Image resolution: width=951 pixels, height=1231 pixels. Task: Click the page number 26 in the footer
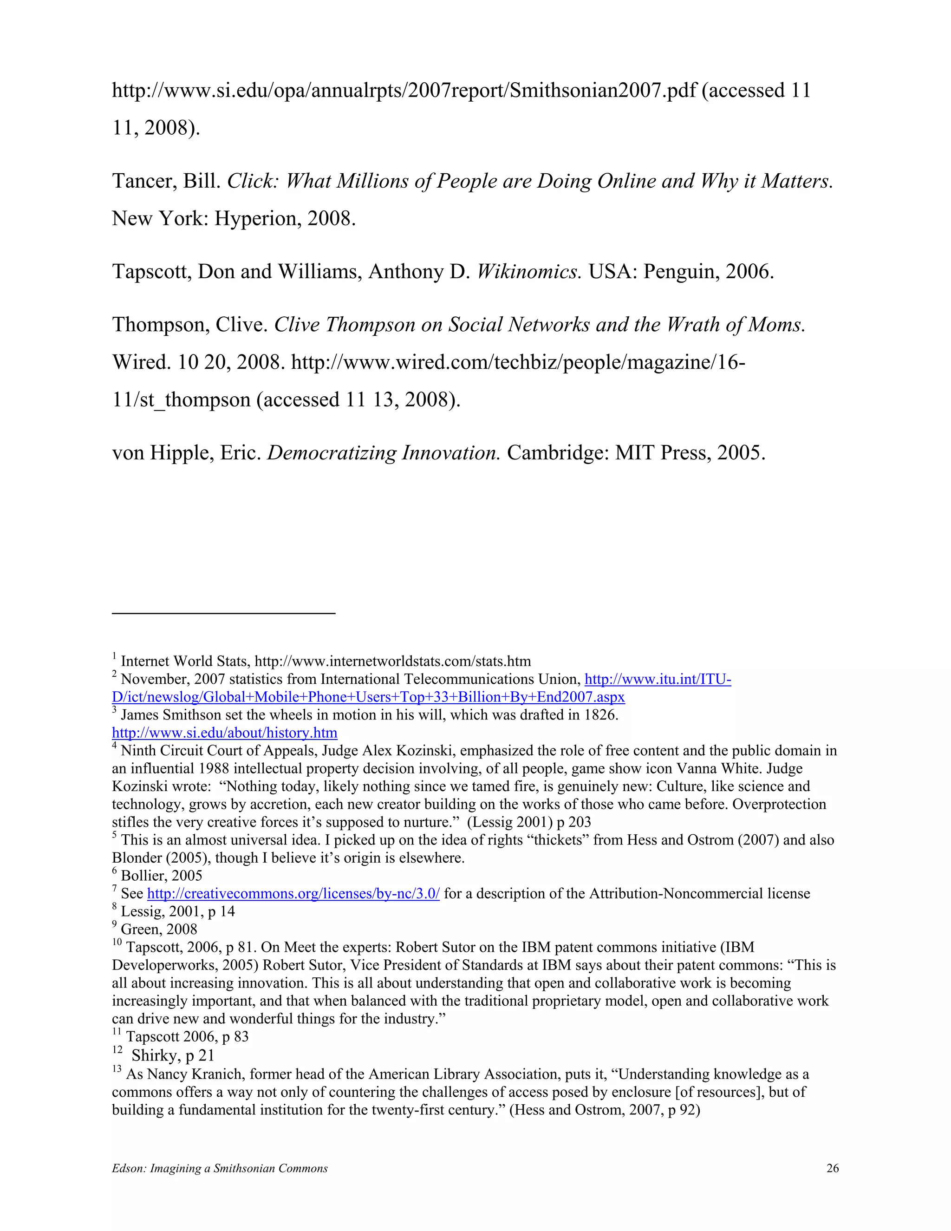pyautogui.click(x=832, y=1168)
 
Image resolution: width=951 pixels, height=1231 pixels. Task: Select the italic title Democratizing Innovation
pyautogui.click(x=383, y=452)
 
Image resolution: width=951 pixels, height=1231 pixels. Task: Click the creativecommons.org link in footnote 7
pyautogui.click(x=293, y=893)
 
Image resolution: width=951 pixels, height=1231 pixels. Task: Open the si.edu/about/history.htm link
pyautogui.click(x=224, y=733)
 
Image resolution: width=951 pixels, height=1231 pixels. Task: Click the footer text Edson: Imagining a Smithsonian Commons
pyautogui.click(x=220, y=1168)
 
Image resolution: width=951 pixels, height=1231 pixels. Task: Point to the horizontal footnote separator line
pyautogui.click(x=224, y=613)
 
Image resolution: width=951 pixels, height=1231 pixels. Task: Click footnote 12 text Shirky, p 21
pyautogui.click(x=172, y=1055)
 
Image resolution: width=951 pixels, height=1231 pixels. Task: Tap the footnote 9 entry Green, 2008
pyautogui.click(x=159, y=929)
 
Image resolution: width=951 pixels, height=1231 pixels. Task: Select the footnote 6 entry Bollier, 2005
pyautogui.click(x=161, y=875)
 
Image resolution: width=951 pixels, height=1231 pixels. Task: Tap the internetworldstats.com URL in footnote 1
pyautogui.click(x=393, y=661)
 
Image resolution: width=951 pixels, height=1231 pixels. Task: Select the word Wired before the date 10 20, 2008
pyautogui.click(x=140, y=362)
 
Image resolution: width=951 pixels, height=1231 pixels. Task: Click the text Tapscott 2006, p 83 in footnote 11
pyautogui.click(x=187, y=1036)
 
